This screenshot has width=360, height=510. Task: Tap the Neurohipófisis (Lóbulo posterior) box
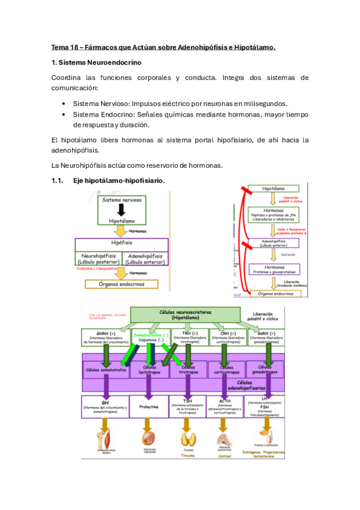[98, 259]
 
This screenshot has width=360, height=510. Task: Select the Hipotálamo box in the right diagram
[277, 189]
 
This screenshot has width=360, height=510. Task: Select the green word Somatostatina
[149, 334]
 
